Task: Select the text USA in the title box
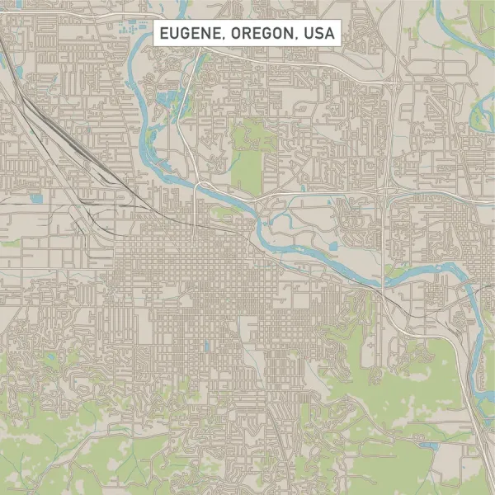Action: pos(318,34)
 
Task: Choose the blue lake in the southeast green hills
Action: pos(429,446)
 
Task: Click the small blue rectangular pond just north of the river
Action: pos(333,246)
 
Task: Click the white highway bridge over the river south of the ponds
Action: pos(196,186)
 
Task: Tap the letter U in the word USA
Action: pos(307,34)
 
